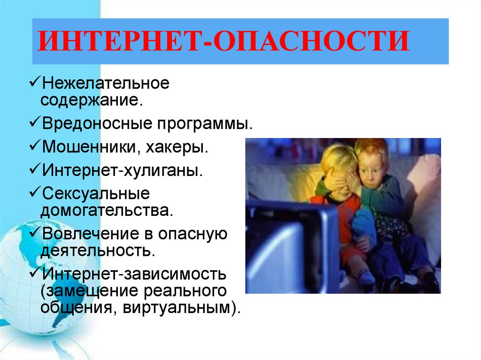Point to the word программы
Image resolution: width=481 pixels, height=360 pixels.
205,124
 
